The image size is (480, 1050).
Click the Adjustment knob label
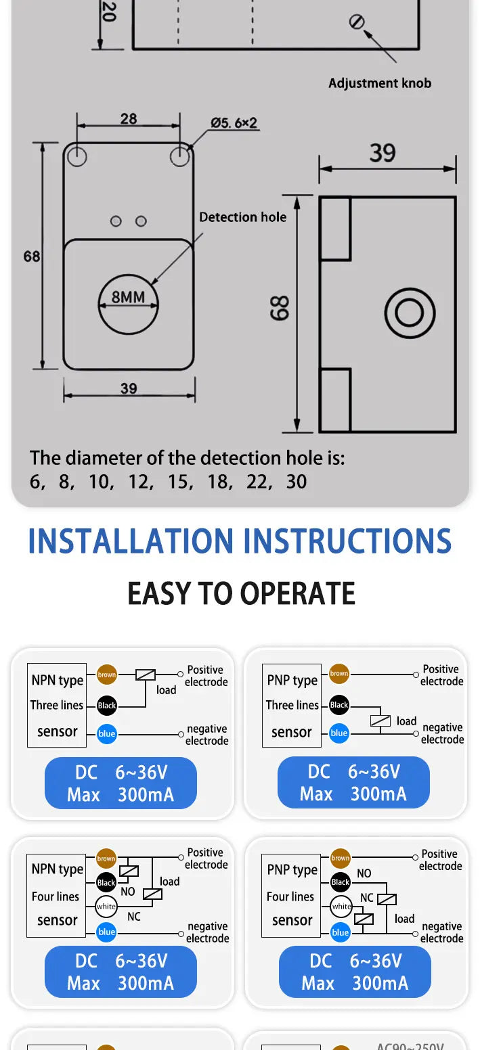pyautogui.click(x=380, y=83)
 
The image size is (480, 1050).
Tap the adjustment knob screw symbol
pyautogui.click(x=357, y=22)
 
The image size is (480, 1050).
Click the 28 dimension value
pyautogui.click(x=129, y=118)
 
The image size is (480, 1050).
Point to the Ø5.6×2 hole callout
pyautogui.click(x=234, y=123)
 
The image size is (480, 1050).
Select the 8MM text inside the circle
pyautogui.click(x=128, y=297)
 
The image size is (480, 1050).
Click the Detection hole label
pyautogui.click(x=242, y=217)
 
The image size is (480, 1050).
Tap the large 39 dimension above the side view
pyautogui.click(x=383, y=153)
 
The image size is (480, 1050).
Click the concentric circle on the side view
pyautogui.click(x=410, y=313)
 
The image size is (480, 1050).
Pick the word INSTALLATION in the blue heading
pyautogui.click(x=131, y=541)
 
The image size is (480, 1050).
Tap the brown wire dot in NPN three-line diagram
pyautogui.click(x=106, y=675)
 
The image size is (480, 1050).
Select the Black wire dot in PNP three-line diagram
pyautogui.click(x=339, y=704)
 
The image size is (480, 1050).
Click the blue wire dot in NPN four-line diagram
pyautogui.click(x=106, y=932)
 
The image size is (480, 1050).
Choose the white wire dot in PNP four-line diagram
pyautogui.click(x=341, y=906)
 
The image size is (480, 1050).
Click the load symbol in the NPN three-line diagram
pyautogui.click(x=146, y=675)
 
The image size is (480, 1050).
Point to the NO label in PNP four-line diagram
pyautogui.click(x=364, y=873)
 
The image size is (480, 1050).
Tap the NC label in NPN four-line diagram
pyautogui.click(x=134, y=917)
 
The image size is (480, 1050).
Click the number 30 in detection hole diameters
pyautogui.click(x=297, y=482)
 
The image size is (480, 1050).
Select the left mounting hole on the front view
pyautogui.click(x=77, y=156)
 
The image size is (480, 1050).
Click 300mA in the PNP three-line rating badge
pyautogui.click(x=378, y=794)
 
